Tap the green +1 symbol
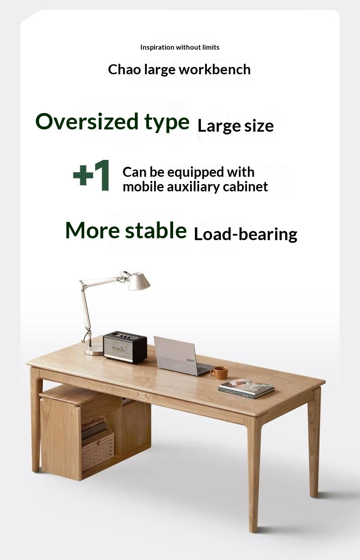pyautogui.click(x=92, y=175)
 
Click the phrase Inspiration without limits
pyautogui.click(x=180, y=47)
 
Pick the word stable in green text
pyautogui.click(x=155, y=231)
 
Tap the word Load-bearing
pyautogui.click(x=246, y=234)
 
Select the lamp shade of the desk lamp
pyautogui.click(x=139, y=282)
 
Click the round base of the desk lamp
pyautogui.click(x=94, y=349)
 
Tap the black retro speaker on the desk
pyautogui.click(x=125, y=347)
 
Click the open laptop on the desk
pyautogui.click(x=177, y=355)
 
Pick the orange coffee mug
pyautogui.click(x=220, y=372)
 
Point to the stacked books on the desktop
pyautogui.click(x=246, y=388)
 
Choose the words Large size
pyautogui.click(x=236, y=126)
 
